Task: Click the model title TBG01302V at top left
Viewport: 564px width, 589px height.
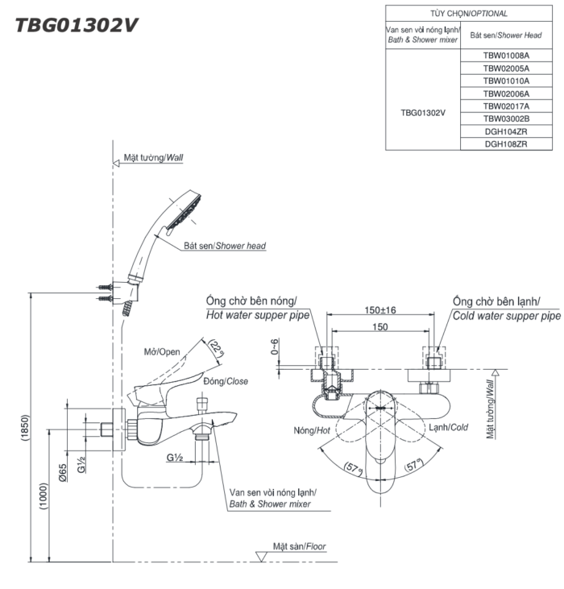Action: (77, 25)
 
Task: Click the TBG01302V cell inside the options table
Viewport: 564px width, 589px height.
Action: (423, 113)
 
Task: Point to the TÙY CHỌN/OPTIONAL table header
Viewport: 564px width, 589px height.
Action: (458, 14)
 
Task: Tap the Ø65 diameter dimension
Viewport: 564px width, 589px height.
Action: (64, 481)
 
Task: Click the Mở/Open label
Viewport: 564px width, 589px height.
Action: (162, 352)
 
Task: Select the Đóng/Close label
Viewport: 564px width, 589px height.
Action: (226, 380)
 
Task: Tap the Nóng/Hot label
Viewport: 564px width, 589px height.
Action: (313, 431)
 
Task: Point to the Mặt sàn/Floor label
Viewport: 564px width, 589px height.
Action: (300, 545)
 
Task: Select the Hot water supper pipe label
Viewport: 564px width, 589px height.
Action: (258, 316)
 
